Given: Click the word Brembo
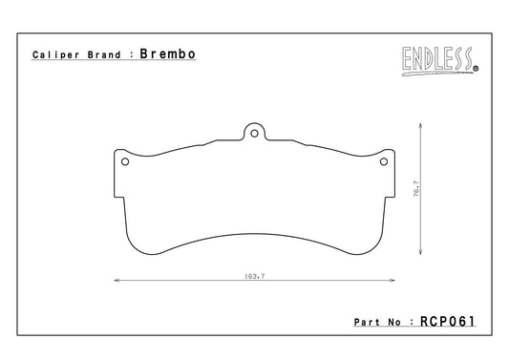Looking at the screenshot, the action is tap(167, 53).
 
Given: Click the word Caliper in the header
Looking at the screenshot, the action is tap(55, 54).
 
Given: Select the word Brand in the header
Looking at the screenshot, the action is tap(104, 54).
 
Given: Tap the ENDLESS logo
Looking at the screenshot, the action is tap(440, 61).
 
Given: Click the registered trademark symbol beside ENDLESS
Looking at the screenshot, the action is tap(476, 69).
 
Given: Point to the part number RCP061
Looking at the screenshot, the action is tap(448, 322).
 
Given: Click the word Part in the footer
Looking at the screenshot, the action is tap(367, 323).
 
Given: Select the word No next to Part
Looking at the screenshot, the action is tap(394, 323).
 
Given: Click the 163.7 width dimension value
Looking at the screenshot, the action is tap(254, 276).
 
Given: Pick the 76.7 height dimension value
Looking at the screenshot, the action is tap(416, 189).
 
